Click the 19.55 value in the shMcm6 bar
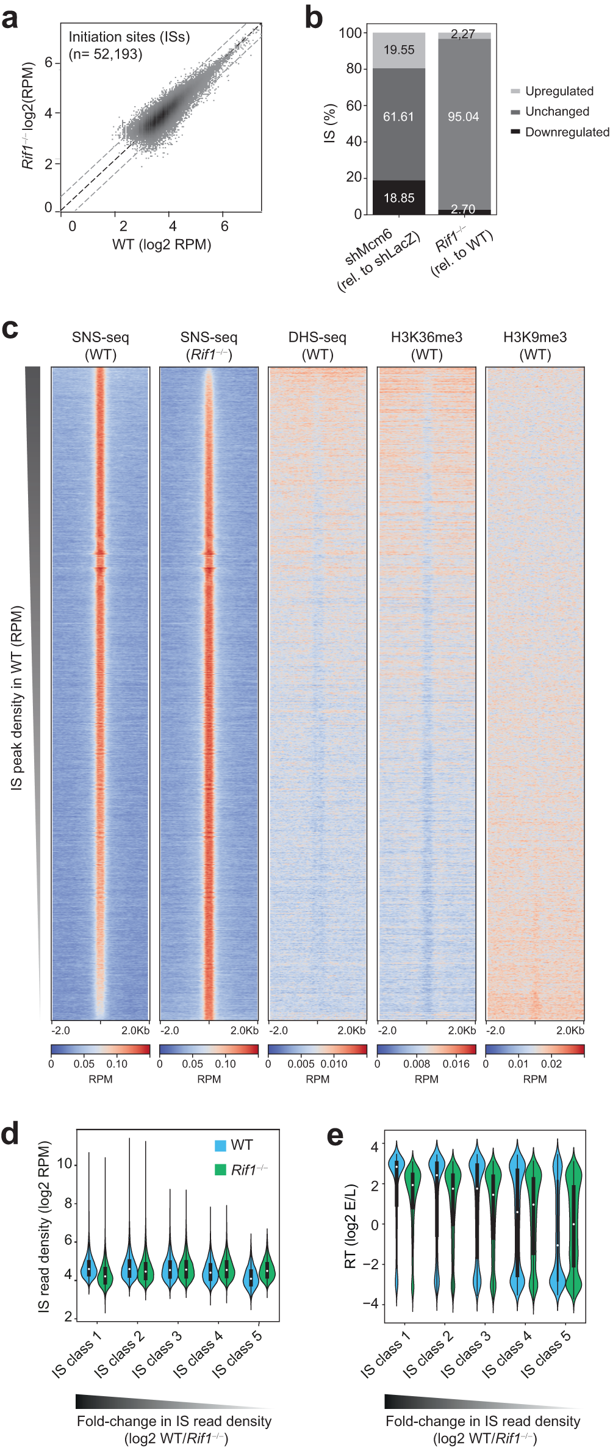(x=399, y=50)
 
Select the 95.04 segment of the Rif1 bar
(x=463, y=116)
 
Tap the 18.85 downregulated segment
(x=399, y=198)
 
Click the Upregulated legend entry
(x=559, y=91)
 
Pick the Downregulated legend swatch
(x=515, y=132)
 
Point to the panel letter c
(x=10, y=329)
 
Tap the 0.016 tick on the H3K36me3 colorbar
(x=456, y=1064)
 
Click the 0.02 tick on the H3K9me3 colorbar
(x=551, y=1064)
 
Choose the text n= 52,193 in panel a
(x=106, y=54)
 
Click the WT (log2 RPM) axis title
(x=162, y=245)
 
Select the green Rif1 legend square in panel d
(x=220, y=1170)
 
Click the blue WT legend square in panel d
(x=220, y=1145)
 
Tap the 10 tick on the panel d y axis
(x=64, y=1164)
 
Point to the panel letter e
(x=335, y=1136)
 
